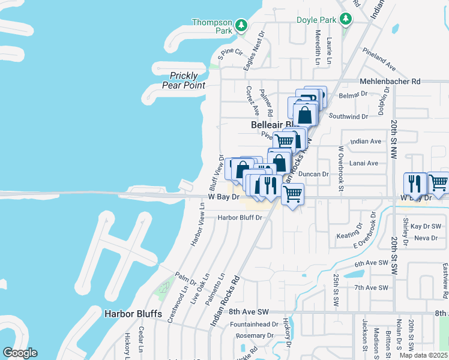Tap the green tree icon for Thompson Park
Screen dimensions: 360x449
(x=241, y=25)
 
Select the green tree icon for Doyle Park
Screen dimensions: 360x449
(x=346, y=20)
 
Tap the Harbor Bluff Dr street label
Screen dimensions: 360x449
(x=240, y=218)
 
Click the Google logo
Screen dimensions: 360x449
(x=20, y=353)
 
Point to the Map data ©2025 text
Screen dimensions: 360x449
(x=423, y=355)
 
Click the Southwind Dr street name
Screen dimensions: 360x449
(x=348, y=116)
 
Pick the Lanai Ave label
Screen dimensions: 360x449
(x=364, y=163)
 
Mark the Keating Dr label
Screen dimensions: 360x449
(x=350, y=235)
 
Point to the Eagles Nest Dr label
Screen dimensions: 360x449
(x=253, y=52)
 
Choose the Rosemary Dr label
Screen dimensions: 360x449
(x=255, y=335)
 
